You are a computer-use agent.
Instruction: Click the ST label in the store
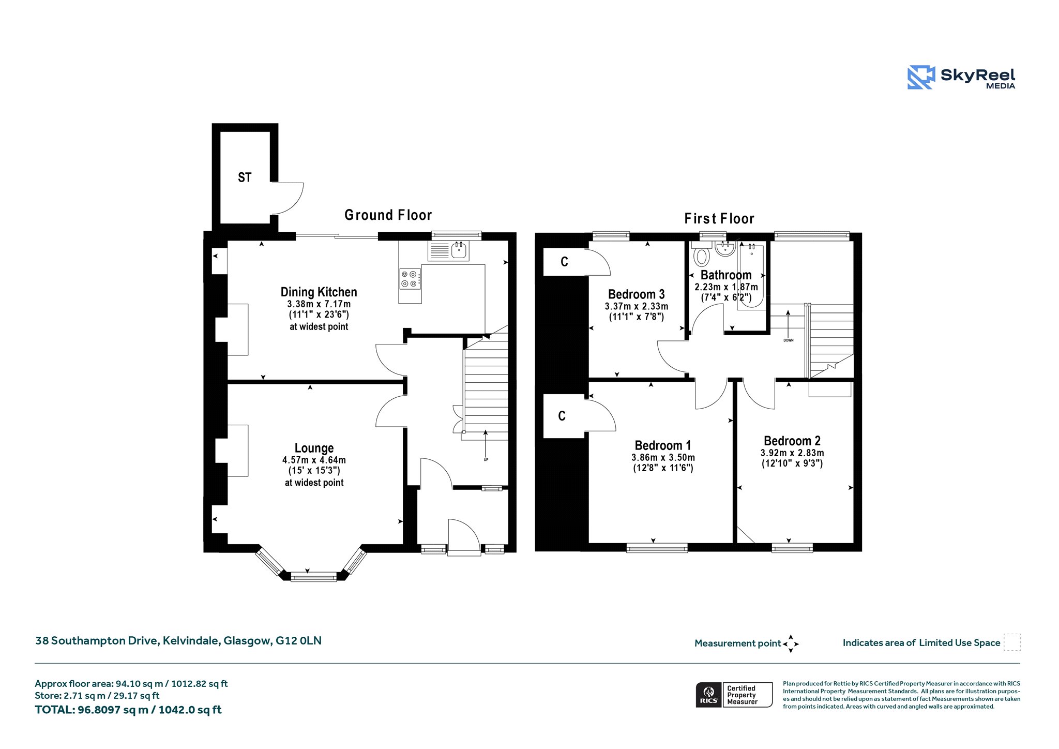point(245,177)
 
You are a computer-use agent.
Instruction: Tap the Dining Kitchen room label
point(319,292)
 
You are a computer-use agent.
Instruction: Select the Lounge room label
point(314,448)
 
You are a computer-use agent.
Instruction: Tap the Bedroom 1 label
point(662,445)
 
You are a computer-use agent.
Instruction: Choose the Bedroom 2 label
point(792,441)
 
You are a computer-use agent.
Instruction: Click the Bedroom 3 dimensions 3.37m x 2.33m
point(636,306)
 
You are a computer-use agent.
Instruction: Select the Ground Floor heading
point(388,215)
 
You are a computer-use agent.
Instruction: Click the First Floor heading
point(719,218)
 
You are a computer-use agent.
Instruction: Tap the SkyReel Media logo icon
point(921,77)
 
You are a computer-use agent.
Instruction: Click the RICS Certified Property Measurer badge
point(734,695)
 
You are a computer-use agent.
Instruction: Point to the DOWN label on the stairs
point(788,340)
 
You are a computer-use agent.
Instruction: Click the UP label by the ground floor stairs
point(486,459)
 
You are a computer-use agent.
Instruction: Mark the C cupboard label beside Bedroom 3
point(564,262)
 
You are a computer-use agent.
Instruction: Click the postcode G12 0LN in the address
point(298,640)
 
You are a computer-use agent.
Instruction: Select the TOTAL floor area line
point(128,710)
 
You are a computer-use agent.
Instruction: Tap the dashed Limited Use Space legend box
point(1012,642)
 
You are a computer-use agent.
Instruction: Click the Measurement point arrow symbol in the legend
point(791,644)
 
